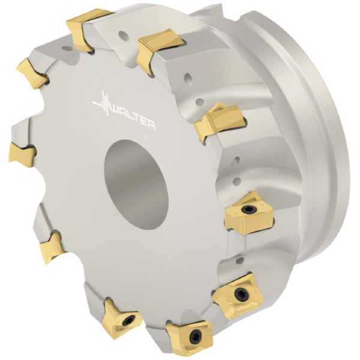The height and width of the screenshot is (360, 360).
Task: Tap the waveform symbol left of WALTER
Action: point(102,104)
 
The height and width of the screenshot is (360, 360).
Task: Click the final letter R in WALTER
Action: point(151,125)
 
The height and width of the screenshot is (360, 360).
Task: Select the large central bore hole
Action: point(136,184)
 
